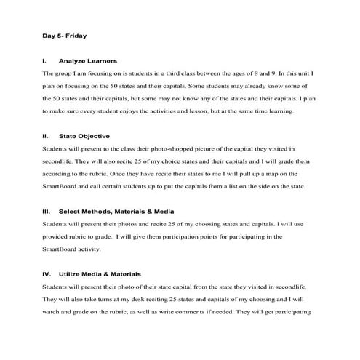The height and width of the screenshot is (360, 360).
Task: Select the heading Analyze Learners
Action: pos(88,60)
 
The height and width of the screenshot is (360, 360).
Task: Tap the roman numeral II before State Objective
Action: pos(46,135)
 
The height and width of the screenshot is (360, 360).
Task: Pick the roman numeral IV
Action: pos(47,273)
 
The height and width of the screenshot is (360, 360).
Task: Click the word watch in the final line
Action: pos(53,311)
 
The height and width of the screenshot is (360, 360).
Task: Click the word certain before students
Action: pos(114,186)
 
